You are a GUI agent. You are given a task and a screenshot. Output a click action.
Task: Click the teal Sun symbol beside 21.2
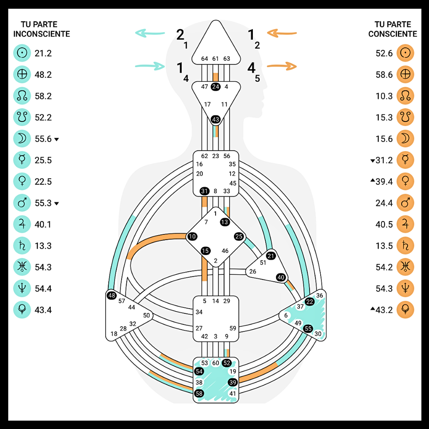pyautogui.click(x=22, y=53)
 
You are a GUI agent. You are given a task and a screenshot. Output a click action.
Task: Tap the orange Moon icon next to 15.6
pyautogui.click(x=405, y=139)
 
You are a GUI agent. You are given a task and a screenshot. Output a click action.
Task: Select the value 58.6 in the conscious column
pyautogui.click(x=384, y=75)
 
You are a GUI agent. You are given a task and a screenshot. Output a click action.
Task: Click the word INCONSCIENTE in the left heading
pyautogui.click(x=42, y=34)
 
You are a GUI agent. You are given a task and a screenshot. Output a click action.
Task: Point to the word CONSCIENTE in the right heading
pyautogui.click(x=392, y=34)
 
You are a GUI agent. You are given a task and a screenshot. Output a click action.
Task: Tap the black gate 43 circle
pyautogui.click(x=216, y=120)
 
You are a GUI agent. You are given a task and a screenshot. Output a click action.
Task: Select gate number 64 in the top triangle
pyautogui.click(x=205, y=59)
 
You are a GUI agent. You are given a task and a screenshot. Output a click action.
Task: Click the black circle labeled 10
pyautogui.click(x=192, y=237)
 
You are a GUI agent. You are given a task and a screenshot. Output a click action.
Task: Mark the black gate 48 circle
pyautogui.click(x=111, y=295)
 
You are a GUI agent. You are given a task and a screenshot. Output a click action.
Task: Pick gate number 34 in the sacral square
pyautogui.click(x=199, y=312)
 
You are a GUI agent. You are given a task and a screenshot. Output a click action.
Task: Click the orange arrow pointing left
pyautogui.click(x=282, y=34)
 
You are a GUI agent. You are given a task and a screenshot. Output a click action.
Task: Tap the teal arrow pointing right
pyautogui.click(x=150, y=67)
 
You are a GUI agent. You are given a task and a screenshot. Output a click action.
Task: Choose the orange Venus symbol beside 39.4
pyautogui.click(x=405, y=182)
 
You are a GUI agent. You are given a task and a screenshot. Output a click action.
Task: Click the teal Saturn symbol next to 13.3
pyautogui.click(x=22, y=246)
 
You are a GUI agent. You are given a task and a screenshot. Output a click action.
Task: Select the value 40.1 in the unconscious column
pyautogui.click(x=43, y=225)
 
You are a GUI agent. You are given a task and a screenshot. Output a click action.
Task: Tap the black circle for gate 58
pyautogui.click(x=199, y=393)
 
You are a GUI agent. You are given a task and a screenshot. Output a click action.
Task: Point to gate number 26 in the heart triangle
pyautogui.click(x=253, y=272)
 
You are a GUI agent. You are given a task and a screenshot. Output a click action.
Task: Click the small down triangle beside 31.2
pyautogui.click(x=373, y=161)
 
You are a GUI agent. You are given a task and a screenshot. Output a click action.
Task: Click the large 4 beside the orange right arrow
pyautogui.click(x=251, y=68)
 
